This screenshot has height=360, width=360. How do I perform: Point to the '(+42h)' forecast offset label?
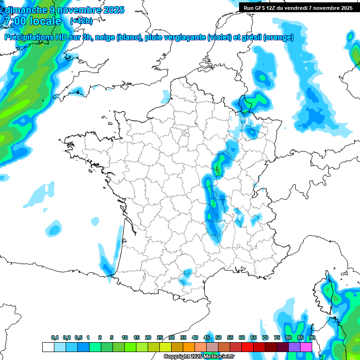click(x=81, y=21)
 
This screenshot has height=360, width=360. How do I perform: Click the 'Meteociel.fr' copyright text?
click(x=215, y=357)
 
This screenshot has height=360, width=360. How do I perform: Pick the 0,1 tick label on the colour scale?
click(x=54, y=338)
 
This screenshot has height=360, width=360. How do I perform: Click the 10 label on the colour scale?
click(x=125, y=338)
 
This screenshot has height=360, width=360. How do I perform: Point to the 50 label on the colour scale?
click(x=218, y=338)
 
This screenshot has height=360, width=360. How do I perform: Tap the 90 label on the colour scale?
click(x=312, y=338)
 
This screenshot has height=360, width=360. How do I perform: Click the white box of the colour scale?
click(x=48, y=347)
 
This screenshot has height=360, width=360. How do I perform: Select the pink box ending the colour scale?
click(x=306, y=347)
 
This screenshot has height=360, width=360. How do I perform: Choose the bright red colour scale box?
click(x=247, y=347)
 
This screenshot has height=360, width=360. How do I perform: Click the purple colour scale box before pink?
click(x=294, y=347)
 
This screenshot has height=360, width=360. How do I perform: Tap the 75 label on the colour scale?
click(x=277, y=338)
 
